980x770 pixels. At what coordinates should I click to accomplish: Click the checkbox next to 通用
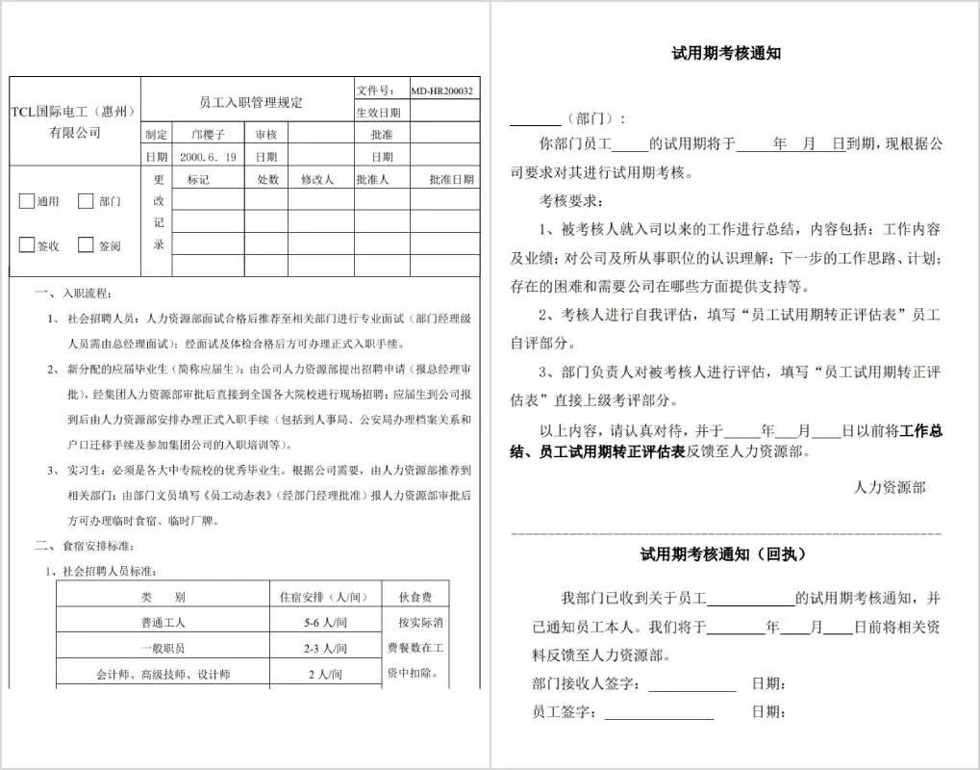(27, 201)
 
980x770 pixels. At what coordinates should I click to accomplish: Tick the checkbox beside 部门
(86, 201)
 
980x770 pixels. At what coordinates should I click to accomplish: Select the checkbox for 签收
(27, 244)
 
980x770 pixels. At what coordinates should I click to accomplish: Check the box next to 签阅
(86, 244)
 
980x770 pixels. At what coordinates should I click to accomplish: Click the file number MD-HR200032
(442, 90)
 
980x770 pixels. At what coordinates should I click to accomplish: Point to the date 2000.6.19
(208, 156)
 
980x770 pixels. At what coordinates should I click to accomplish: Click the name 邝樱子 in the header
(208, 134)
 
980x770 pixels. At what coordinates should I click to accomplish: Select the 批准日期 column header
(451, 179)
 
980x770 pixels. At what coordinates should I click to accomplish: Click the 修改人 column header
(316, 179)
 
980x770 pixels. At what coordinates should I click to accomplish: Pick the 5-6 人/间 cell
(324, 623)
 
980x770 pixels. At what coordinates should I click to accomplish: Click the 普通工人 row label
(163, 623)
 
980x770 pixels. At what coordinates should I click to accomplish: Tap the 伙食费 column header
(415, 597)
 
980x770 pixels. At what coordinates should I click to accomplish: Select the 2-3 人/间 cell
(324, 649)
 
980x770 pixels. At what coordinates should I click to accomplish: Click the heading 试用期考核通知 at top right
(725, 54)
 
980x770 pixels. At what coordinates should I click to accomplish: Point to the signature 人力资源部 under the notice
(890, 488)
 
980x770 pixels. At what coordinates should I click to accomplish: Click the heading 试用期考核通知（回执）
(724, 554)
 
